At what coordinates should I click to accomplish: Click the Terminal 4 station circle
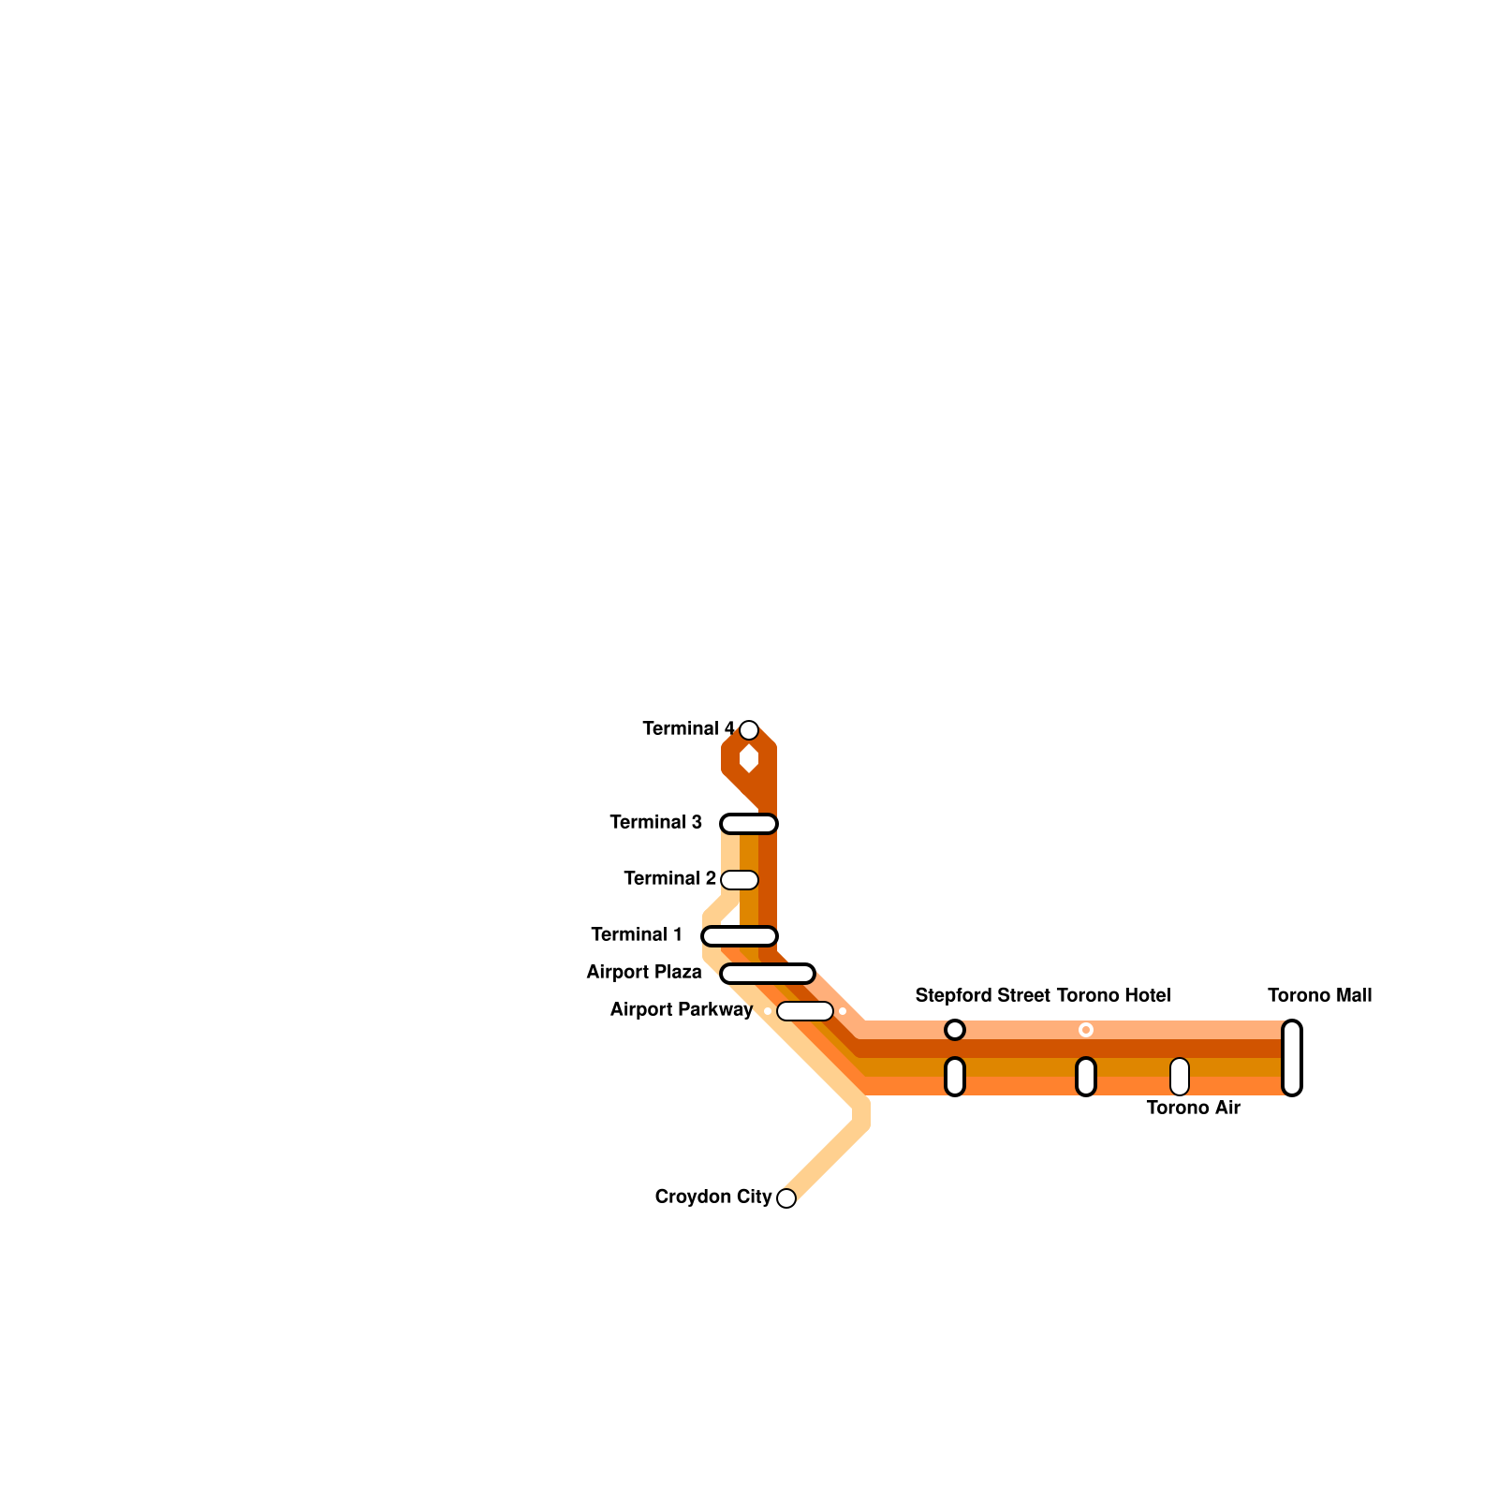[749, 730]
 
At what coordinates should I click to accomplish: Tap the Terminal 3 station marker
[749, 824]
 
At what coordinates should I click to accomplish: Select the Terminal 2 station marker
[740, 880]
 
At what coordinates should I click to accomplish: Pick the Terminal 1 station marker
[740, 936]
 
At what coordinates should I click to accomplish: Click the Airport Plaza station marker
[768, 974]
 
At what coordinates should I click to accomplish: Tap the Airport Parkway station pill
[805, 1011]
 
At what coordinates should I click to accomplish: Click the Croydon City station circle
[786, 1198]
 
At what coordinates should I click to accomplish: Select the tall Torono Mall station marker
[1292, 1058]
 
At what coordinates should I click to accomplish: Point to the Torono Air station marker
[1180, 1077]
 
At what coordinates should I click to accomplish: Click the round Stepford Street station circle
[955, 1030]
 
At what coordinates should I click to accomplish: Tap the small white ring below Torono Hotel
[1086, 1030]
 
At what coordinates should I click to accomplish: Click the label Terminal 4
[688, 728]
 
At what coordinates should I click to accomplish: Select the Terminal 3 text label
[655, 822]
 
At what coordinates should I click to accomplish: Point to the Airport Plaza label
[644, 972]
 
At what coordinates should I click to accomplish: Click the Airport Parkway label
[681, 1009]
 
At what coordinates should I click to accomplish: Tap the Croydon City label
[713, 1197]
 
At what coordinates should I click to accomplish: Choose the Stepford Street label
[982, 995]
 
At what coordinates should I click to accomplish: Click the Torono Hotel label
[1113, 995]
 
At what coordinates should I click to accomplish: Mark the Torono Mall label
[1319, 995]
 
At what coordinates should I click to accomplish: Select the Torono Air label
[1193, 1108]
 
